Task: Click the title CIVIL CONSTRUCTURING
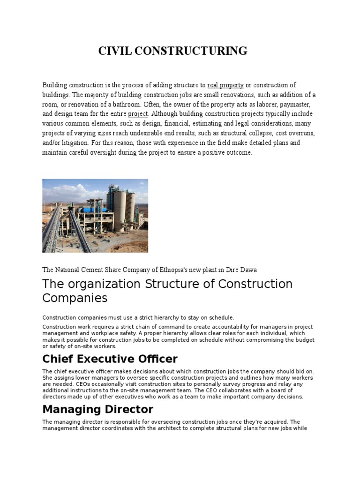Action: [172, 51]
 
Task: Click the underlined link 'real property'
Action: [225, 85]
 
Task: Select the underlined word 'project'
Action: [138, 114]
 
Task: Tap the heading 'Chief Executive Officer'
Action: [110, 359]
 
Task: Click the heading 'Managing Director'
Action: [97, 410]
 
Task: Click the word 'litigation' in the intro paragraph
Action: [71, 142]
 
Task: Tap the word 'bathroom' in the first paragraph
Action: [127, 104]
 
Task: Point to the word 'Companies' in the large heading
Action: [75, 298]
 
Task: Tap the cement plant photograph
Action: [95, 216]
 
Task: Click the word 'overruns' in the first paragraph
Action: [302, 133]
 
